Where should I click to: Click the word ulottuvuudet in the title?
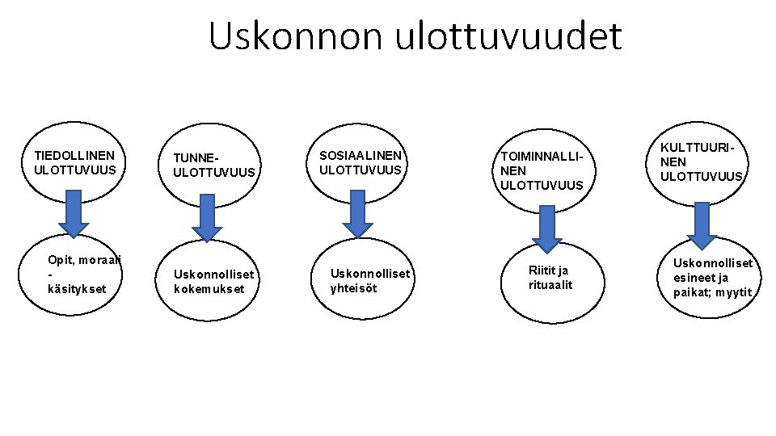pos(508,36)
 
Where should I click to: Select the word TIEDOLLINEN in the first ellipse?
pos(74,155)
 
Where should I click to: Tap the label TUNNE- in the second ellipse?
pos(196,157)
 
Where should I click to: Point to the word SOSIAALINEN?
pos(361,155)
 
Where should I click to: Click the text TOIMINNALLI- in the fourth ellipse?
pos(541,156)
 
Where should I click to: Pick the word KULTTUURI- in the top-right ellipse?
pos(699,148)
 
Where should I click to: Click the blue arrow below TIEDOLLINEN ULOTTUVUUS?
pos(74,212)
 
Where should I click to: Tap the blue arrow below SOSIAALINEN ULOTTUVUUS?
pos(356,212)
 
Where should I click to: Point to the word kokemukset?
pos(209,289)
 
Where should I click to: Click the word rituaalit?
pos(550,284)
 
